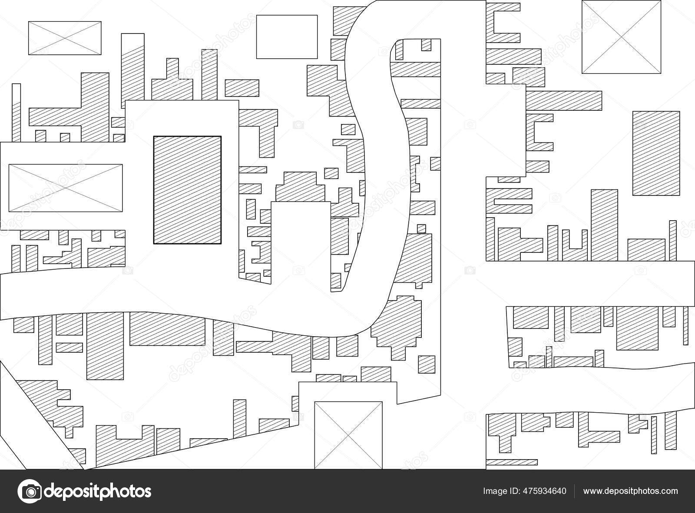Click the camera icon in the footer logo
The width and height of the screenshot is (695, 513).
(30, 491)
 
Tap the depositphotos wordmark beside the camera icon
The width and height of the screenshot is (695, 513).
(97, 491)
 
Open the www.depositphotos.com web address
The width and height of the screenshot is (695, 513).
(630, 491)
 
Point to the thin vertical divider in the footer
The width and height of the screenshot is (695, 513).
(574, 491)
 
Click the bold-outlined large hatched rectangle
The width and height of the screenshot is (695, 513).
(187, 190)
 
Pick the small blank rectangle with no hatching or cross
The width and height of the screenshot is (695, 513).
(287, 36)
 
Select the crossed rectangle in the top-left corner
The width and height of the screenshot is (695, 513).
(65, 38)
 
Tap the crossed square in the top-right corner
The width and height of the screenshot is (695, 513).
(621, 37)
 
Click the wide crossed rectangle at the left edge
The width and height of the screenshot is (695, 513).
(66, 188)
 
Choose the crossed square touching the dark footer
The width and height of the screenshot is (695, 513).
(348, 435)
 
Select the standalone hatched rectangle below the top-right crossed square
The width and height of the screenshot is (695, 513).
(656, 153)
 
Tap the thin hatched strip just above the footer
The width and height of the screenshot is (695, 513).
(512, 462)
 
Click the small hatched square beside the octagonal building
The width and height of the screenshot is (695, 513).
(427, 364)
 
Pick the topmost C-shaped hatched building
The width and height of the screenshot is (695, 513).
(502, 23)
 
